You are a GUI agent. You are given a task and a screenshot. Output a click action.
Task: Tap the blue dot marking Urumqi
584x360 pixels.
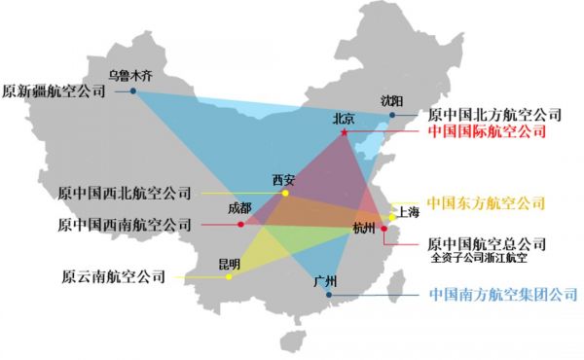tap(133, 91)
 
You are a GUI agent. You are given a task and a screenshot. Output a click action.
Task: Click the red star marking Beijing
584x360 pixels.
tap(344, 132)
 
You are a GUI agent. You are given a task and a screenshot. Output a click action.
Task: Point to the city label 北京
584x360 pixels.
tap(344, 119)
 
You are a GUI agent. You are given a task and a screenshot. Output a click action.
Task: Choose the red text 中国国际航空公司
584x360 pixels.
tap(488, 131)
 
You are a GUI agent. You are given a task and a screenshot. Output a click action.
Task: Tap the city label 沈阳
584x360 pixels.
tap(391, 100)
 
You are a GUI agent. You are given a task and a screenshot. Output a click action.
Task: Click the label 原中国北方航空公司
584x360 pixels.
tap(494, 115)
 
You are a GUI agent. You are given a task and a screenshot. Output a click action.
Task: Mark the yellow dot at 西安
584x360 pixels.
tap(285, 194)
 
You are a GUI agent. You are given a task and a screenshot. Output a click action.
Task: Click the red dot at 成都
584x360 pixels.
tap(240, 225)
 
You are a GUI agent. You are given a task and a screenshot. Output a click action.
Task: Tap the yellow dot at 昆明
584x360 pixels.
tap(229, 277)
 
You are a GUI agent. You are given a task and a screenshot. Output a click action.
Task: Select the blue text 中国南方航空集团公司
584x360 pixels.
tap(503, 293)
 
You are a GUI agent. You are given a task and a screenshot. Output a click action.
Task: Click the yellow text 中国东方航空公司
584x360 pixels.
tap(486, 204)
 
